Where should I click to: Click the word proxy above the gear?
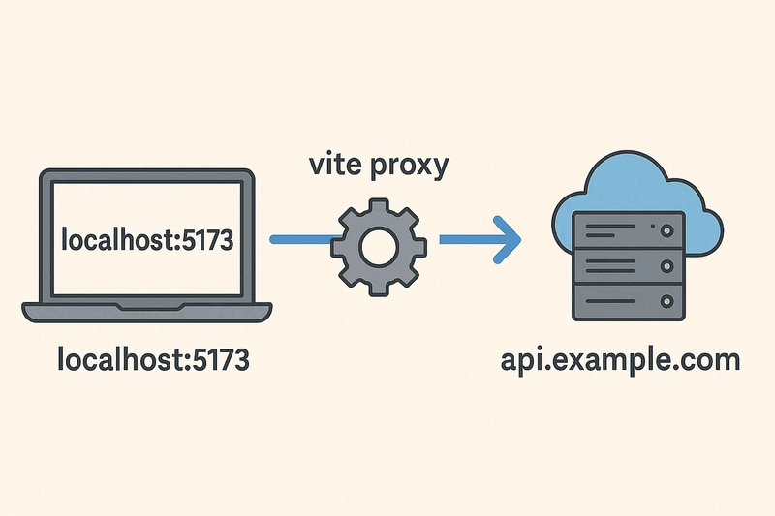pyautogui.click(x=408, y=165)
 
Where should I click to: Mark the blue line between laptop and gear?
pyautogui.click(x=299, y=239)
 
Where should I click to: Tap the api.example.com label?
pyautogui.click(x=621, y=361)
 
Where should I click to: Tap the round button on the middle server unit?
pyautogui.click(x=666, y=265)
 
